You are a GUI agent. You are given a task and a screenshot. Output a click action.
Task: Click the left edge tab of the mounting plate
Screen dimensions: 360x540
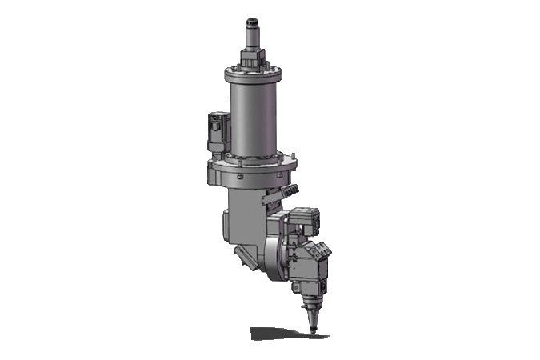click(x=210, y=171)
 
